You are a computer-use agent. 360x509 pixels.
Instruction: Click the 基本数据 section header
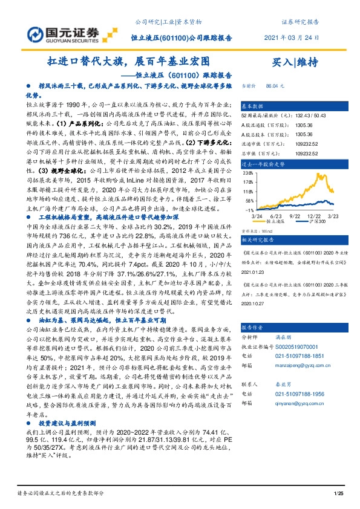click(255, 105)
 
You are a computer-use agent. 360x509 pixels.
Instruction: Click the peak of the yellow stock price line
click(319, 175)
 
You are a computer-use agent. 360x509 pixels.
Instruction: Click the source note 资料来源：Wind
click(257, 230)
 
